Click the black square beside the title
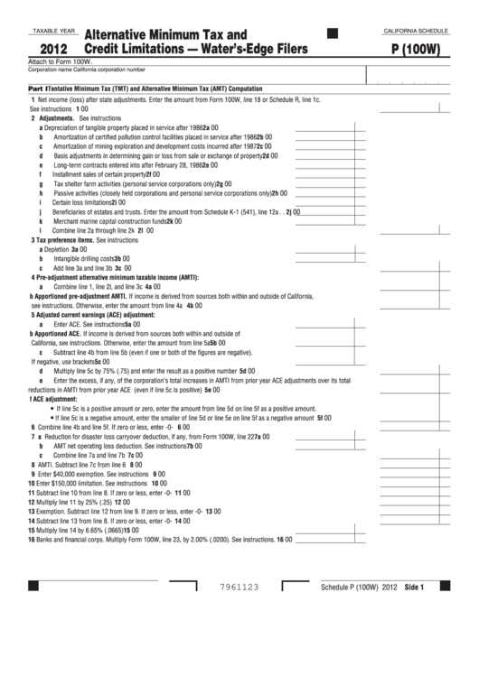[x=331, y=33]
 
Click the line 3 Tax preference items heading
[x=72, y=240]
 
